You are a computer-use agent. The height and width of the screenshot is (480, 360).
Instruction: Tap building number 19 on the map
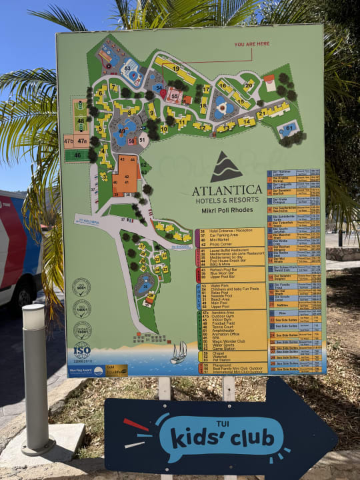176,68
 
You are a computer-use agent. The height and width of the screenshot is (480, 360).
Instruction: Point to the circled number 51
143,140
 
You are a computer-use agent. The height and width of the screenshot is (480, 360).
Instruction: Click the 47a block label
82,141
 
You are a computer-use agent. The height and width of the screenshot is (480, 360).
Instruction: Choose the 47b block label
69,141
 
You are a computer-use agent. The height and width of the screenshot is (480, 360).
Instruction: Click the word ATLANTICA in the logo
227,191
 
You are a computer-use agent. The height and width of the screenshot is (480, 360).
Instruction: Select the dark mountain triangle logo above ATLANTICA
227,167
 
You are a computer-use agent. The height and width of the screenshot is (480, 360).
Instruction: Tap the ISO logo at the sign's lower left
82,350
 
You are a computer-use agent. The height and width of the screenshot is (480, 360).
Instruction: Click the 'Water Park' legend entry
219,286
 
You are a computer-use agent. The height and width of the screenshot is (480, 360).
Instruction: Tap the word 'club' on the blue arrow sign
249,438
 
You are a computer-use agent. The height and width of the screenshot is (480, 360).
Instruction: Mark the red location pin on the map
163,94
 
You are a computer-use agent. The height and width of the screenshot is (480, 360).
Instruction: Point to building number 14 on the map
246,122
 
